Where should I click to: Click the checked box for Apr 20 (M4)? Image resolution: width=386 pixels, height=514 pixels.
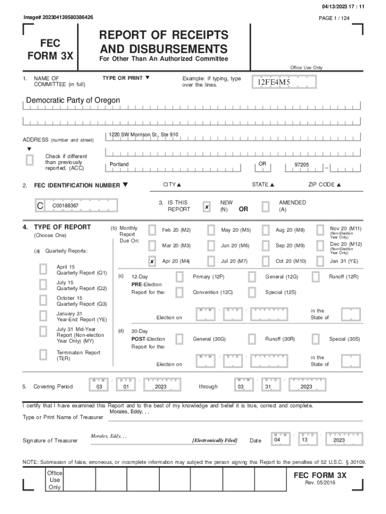152,262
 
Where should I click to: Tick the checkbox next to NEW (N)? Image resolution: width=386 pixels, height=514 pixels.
207,207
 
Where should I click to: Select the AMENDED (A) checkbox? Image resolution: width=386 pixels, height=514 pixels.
266,207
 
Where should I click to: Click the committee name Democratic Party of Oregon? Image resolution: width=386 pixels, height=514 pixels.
73,100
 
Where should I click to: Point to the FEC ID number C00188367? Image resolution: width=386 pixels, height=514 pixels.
65,206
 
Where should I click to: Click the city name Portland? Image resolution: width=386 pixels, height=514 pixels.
119,165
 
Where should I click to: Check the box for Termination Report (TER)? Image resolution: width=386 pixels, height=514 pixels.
44,355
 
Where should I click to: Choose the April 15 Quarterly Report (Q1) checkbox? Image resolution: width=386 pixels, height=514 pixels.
44,269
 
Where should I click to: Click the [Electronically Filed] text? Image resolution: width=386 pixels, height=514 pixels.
215,440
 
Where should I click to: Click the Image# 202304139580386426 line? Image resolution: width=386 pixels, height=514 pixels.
58,18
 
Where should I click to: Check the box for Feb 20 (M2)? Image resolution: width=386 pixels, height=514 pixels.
152,230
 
